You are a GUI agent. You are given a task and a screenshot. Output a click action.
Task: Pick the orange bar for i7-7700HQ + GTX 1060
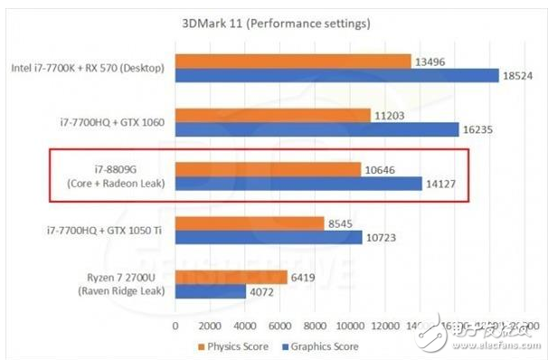[272, 115]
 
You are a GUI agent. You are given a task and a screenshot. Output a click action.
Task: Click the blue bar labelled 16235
[316, 130]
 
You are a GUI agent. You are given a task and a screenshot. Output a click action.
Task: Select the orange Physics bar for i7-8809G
[268, 168]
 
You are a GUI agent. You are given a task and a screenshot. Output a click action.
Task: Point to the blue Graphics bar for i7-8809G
[298, 184]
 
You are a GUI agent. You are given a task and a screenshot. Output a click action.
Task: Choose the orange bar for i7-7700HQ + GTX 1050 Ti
[249, 222]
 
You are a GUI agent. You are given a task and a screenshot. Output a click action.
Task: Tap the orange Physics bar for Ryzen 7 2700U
[231, 276]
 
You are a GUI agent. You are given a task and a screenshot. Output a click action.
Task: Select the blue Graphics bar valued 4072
[210, 291]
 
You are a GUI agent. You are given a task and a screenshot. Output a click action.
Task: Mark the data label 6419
[305, 276]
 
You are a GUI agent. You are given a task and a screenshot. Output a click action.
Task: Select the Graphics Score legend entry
[321, 346]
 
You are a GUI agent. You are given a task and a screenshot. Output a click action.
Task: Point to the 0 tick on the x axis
[175, 325]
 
